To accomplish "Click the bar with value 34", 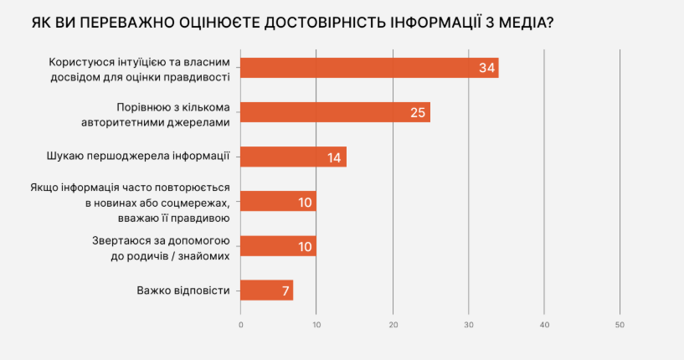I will [x=368, y=67].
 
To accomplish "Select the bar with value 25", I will [x=335, y=112].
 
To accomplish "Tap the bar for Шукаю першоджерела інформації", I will [x=293, y=157].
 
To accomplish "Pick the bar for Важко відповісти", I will [x=266, y=291].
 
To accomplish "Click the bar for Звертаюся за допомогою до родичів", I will [x=278, y=246].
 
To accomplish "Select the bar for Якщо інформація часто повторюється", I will [x=278, y=202].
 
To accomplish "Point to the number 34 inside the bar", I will [x=486, y=67].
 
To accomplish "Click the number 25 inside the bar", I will [x=418, y=112].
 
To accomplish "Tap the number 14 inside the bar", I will [x=334, y=157].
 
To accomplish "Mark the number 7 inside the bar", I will [x=285, y=291].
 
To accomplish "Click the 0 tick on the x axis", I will [x=241, y=324].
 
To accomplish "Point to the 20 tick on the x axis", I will [x=393, y=324].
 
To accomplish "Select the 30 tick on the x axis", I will [x=469, y=324].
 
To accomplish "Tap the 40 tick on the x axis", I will [x=544, y=324].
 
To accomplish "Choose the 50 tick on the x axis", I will [x=620, y=324].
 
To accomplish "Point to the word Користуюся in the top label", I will [x=80, y=60].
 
